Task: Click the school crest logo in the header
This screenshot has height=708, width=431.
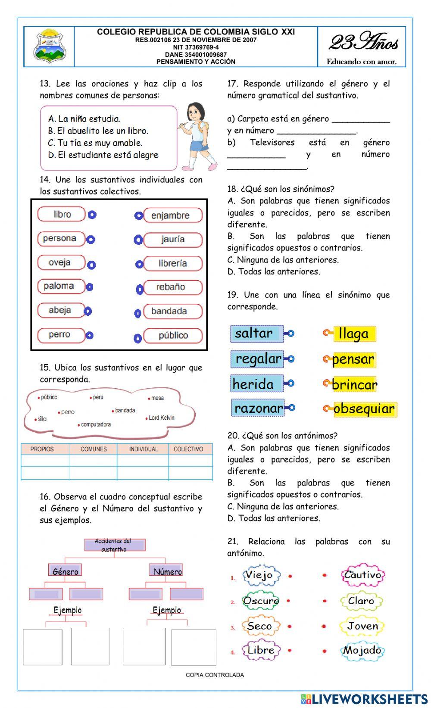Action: pos(50,46)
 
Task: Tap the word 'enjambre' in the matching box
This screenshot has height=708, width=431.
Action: pos(171,215)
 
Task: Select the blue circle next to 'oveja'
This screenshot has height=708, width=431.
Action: pos(91,265)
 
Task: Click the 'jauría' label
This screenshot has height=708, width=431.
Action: pos(173,240)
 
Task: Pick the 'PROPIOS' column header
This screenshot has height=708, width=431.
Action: pos(42,449)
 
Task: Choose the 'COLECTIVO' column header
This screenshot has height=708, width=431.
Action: pos(188,449)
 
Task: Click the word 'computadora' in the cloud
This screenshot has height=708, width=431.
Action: pos(96,424)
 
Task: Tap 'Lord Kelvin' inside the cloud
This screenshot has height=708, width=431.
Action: pos(162,418)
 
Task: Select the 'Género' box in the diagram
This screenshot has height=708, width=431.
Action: pos(65,571)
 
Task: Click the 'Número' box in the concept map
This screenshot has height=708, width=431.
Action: pos(167,571)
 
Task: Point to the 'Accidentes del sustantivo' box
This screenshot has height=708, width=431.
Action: pos(114,545)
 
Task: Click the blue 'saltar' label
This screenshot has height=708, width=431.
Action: pos(255,333)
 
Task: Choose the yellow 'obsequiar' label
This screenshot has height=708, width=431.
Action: pos(364,409)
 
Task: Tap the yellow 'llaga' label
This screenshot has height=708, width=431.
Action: pos(354,334)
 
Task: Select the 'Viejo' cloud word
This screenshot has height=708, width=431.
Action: pos(259,575)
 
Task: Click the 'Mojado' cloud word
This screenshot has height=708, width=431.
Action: pos(362,651)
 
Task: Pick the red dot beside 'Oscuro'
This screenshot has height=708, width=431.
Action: pos(289,601)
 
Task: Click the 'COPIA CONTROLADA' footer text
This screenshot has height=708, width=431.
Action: pos(215,675)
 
